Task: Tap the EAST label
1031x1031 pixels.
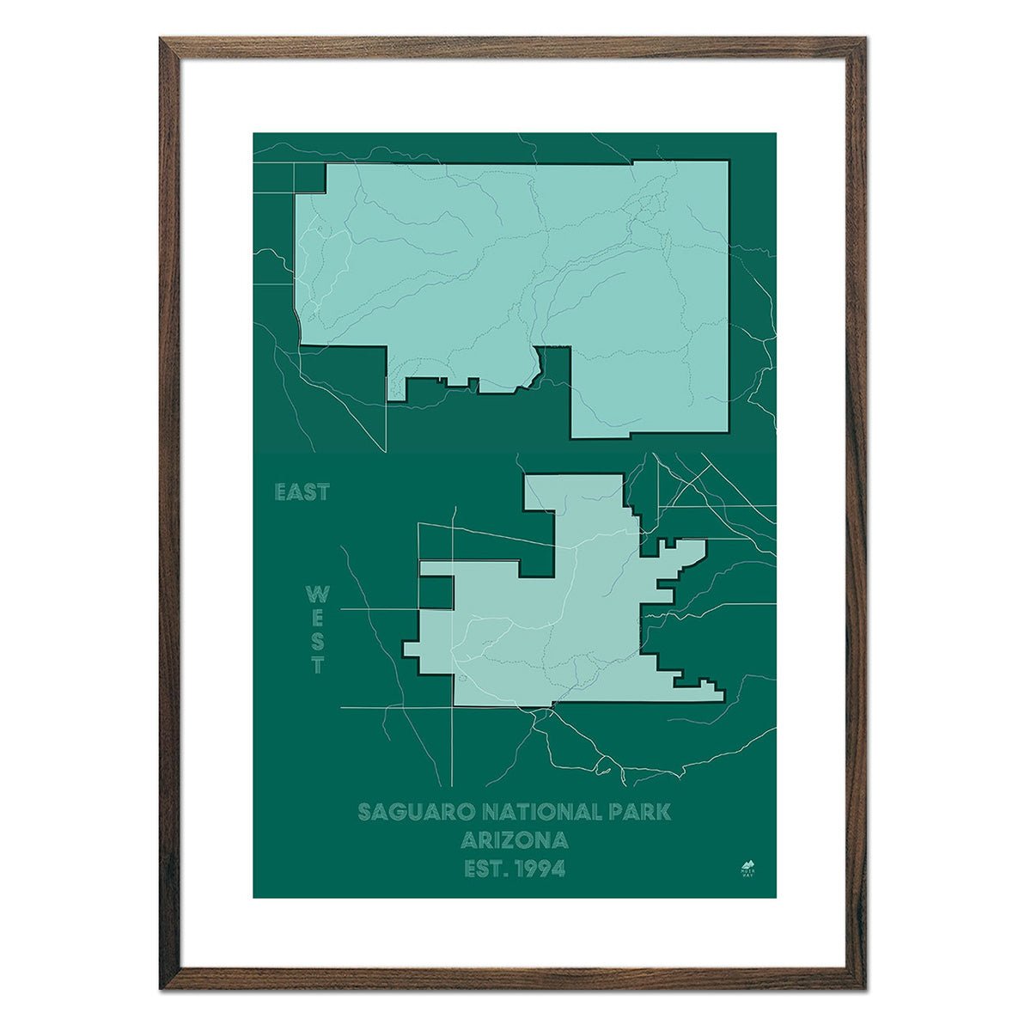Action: tap(302, 493)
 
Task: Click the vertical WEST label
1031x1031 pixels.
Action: tap(318, 631)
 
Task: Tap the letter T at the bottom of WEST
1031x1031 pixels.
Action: tap(318, 665)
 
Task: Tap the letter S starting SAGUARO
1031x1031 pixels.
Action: tap(364, 812)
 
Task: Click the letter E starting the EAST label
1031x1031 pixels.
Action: tap(280, 493)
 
